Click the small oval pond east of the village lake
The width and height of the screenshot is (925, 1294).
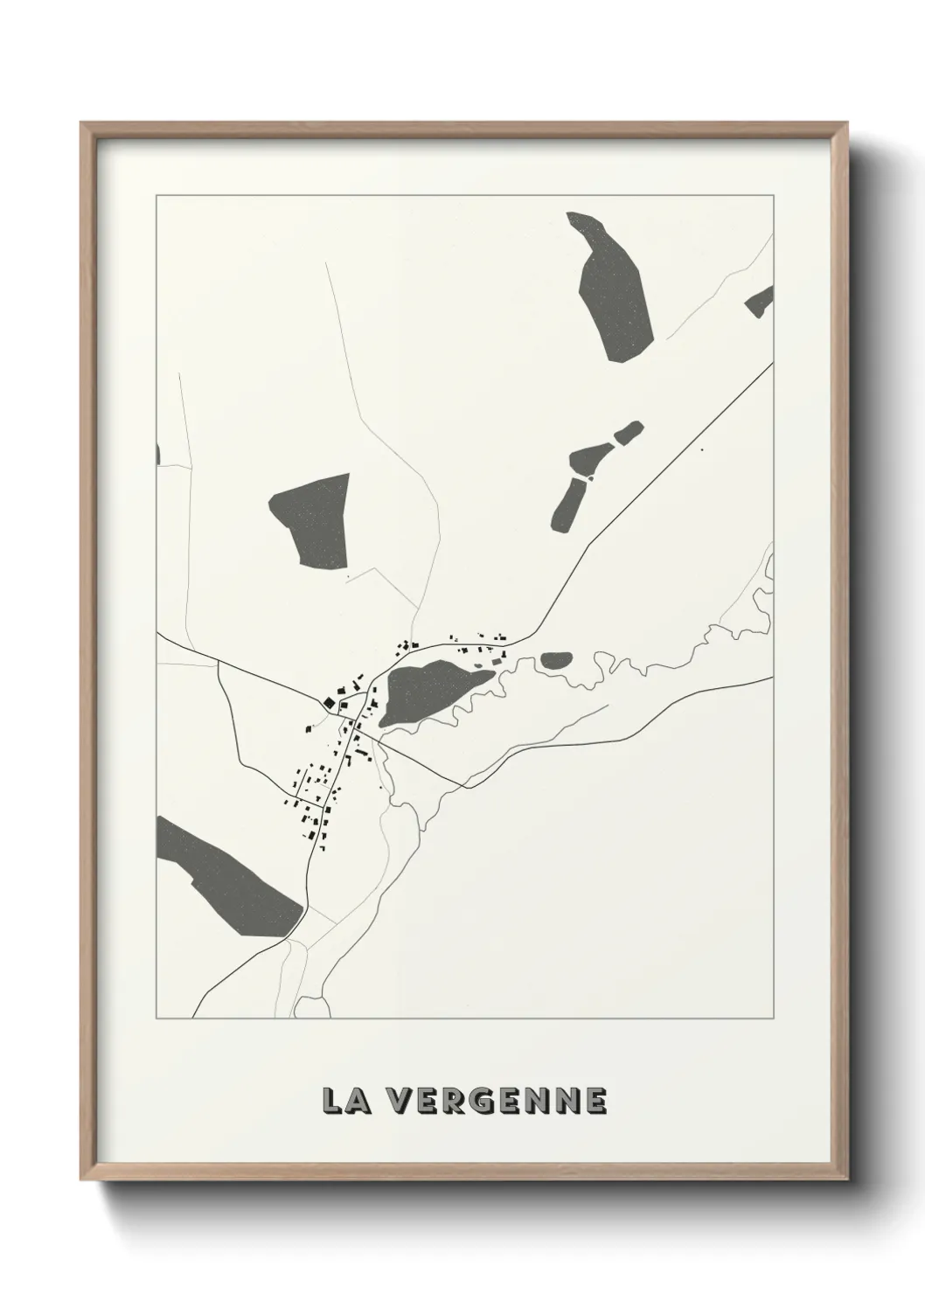point(554,661)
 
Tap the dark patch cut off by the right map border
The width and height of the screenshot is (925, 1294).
point(760,303)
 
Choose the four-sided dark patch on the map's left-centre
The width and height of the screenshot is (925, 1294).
point(313,520)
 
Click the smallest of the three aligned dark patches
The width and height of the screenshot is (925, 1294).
point(628,432)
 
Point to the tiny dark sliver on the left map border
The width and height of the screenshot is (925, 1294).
point(158,454)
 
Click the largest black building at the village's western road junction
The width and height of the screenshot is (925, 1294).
point(328,702)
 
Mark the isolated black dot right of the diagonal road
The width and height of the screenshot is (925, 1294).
point(701,450)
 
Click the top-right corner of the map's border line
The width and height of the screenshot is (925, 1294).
point(773,195)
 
